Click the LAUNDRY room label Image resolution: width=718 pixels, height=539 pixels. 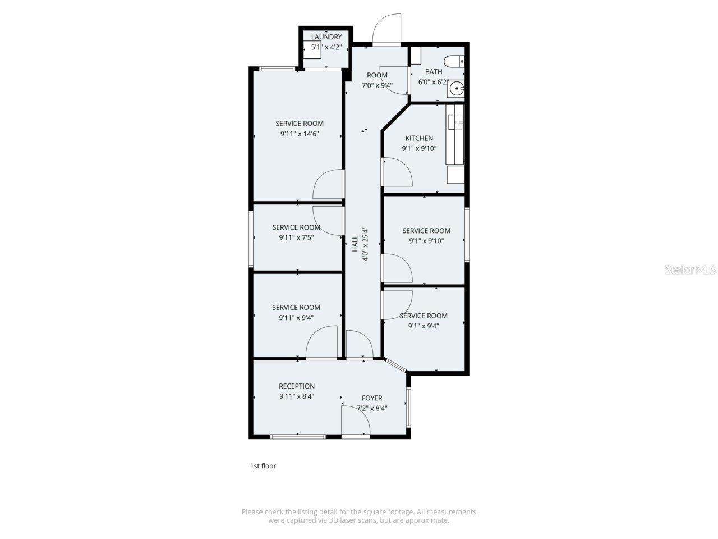326,37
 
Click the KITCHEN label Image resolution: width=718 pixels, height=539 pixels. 419,138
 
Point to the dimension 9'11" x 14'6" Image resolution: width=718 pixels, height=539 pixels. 300,134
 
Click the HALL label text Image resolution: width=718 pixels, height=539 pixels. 355,244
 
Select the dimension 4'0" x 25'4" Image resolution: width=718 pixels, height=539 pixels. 365,244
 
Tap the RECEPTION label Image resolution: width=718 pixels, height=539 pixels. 297,386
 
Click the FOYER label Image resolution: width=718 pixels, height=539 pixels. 372,398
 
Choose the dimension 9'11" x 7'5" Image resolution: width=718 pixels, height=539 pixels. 296,237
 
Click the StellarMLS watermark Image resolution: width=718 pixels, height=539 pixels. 690,270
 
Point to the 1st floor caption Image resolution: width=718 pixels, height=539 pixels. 263,466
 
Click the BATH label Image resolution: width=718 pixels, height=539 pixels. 434,71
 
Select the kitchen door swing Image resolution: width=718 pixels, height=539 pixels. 397,172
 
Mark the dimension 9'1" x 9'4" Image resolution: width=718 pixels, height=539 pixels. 424,326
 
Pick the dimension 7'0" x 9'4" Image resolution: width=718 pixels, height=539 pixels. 377,85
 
